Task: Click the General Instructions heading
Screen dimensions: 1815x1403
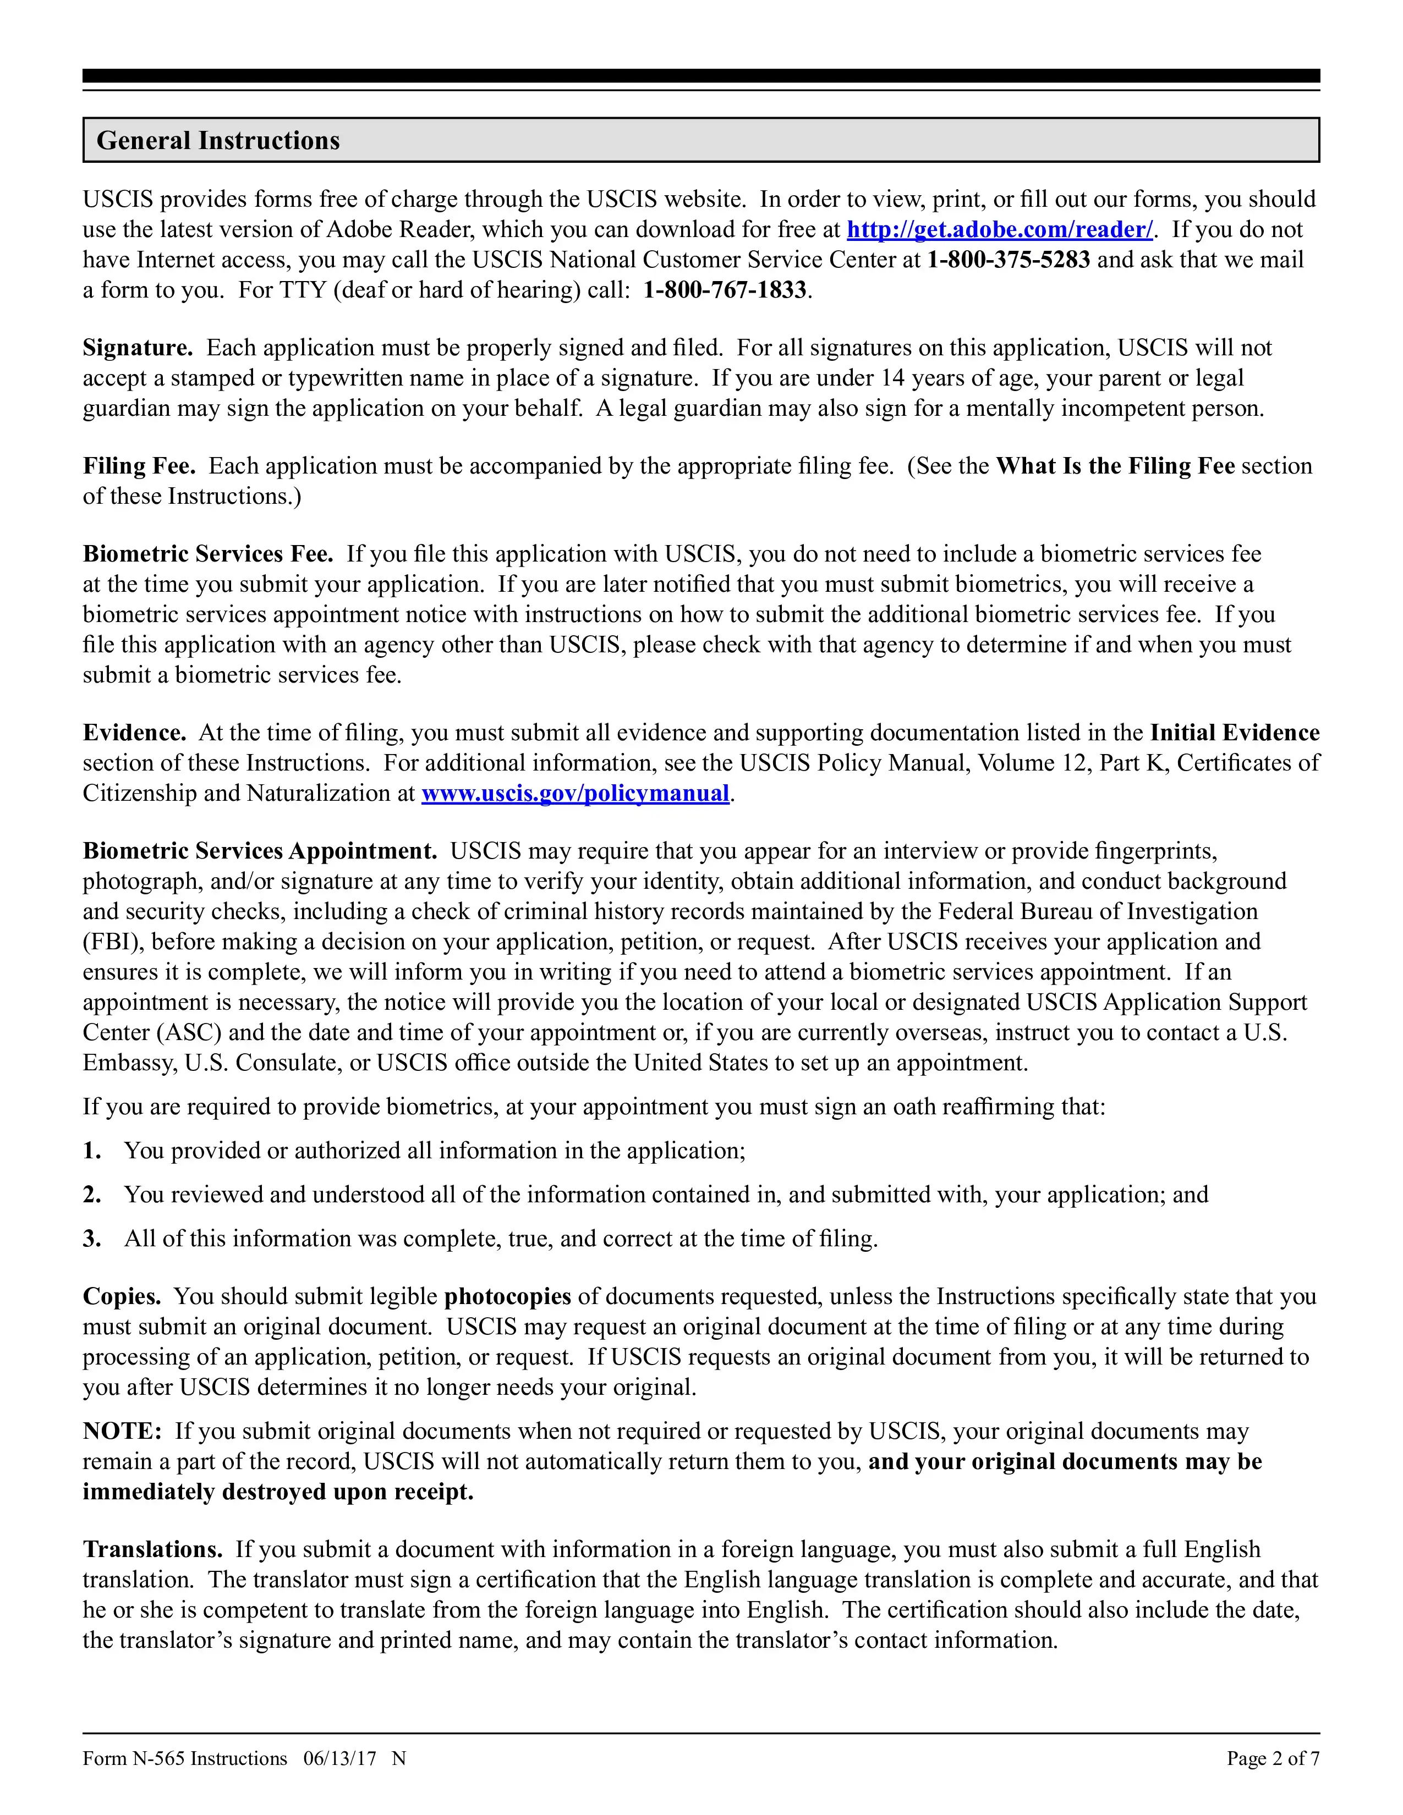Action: pyautogui.click(x=218, y=140)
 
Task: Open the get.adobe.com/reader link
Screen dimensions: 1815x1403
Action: pyautogui.click(x=999, y=229)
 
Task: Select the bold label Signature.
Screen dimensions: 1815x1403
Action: pyautogui.click(x=137, y=348)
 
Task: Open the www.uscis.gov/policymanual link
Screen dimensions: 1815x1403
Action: pyautogui.click(x=575, y=794)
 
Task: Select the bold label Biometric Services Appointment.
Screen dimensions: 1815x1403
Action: pyautogui.click(x=259, y=851)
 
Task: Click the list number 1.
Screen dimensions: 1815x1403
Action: pyautogui.click(x=91, y=1151)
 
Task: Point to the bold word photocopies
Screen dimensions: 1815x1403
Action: pyautogui.click(x=507, y=1296)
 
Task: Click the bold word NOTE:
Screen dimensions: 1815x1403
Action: pyautogui.click(x=122, y=1431)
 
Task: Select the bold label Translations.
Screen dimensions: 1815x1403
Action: pyautogui.click(x=152, y=1549)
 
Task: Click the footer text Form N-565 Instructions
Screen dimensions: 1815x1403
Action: pyautogui.click(x=184, y=1758)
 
